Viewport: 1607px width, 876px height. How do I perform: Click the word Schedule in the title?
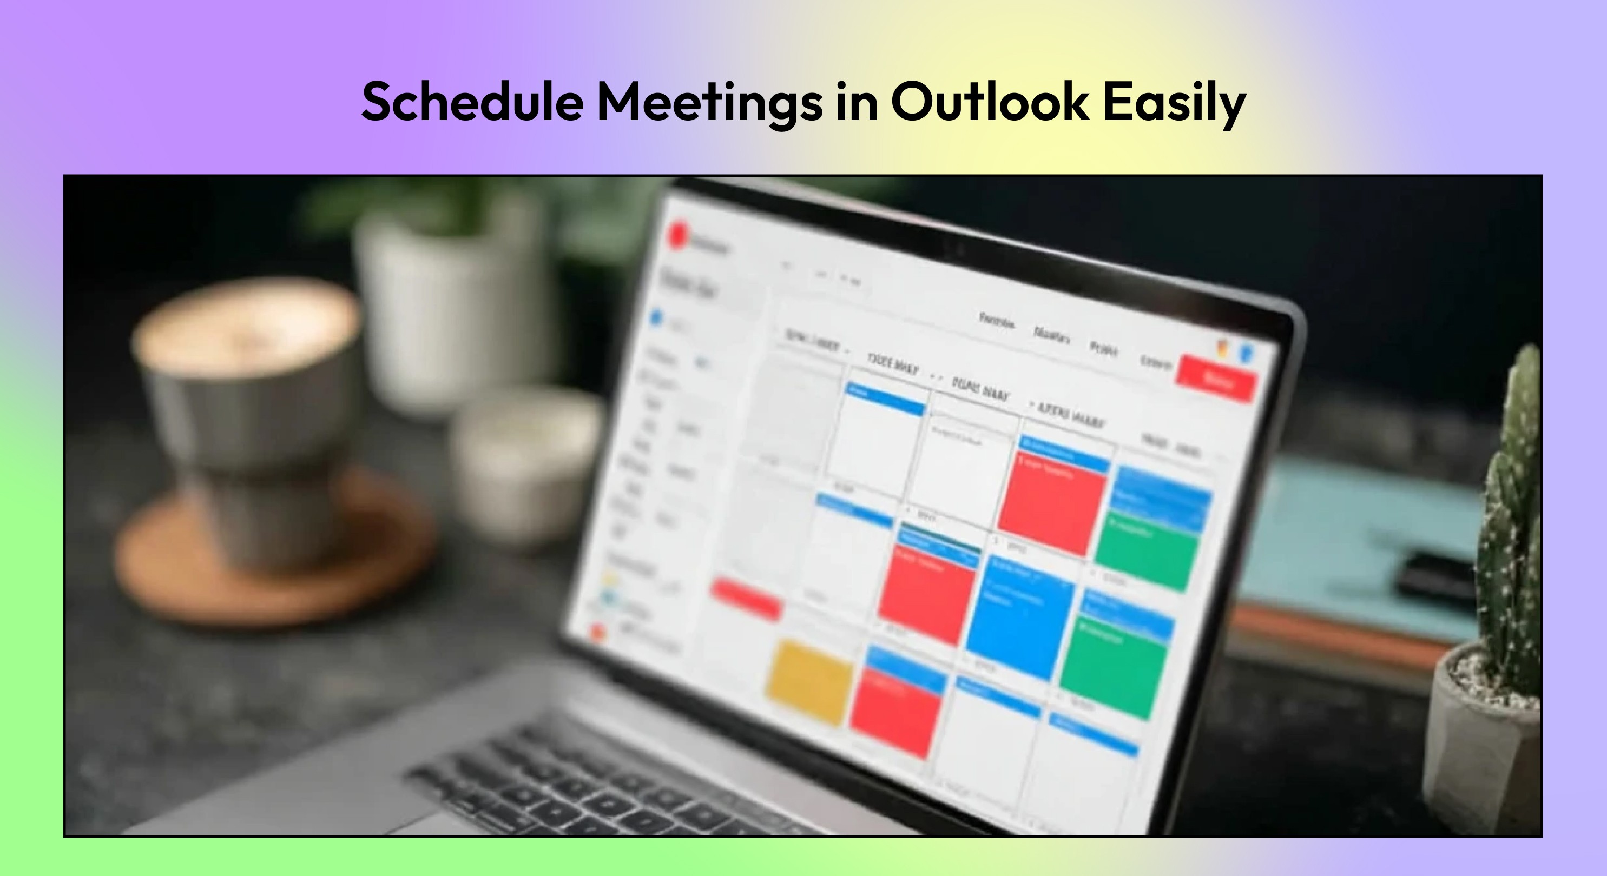coord(472,102)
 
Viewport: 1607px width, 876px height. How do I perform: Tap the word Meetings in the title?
coord(709,102)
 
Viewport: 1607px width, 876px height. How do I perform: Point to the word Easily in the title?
coord(1174,102)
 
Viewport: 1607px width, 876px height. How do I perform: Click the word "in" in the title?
coord(857,102)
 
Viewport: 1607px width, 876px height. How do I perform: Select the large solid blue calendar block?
coord(1020,617)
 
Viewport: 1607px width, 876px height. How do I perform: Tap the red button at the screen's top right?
coord(1215,379)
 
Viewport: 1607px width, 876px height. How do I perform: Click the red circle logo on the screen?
coord(677,235)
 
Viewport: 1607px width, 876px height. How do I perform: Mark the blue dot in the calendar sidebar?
coord(656,318)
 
